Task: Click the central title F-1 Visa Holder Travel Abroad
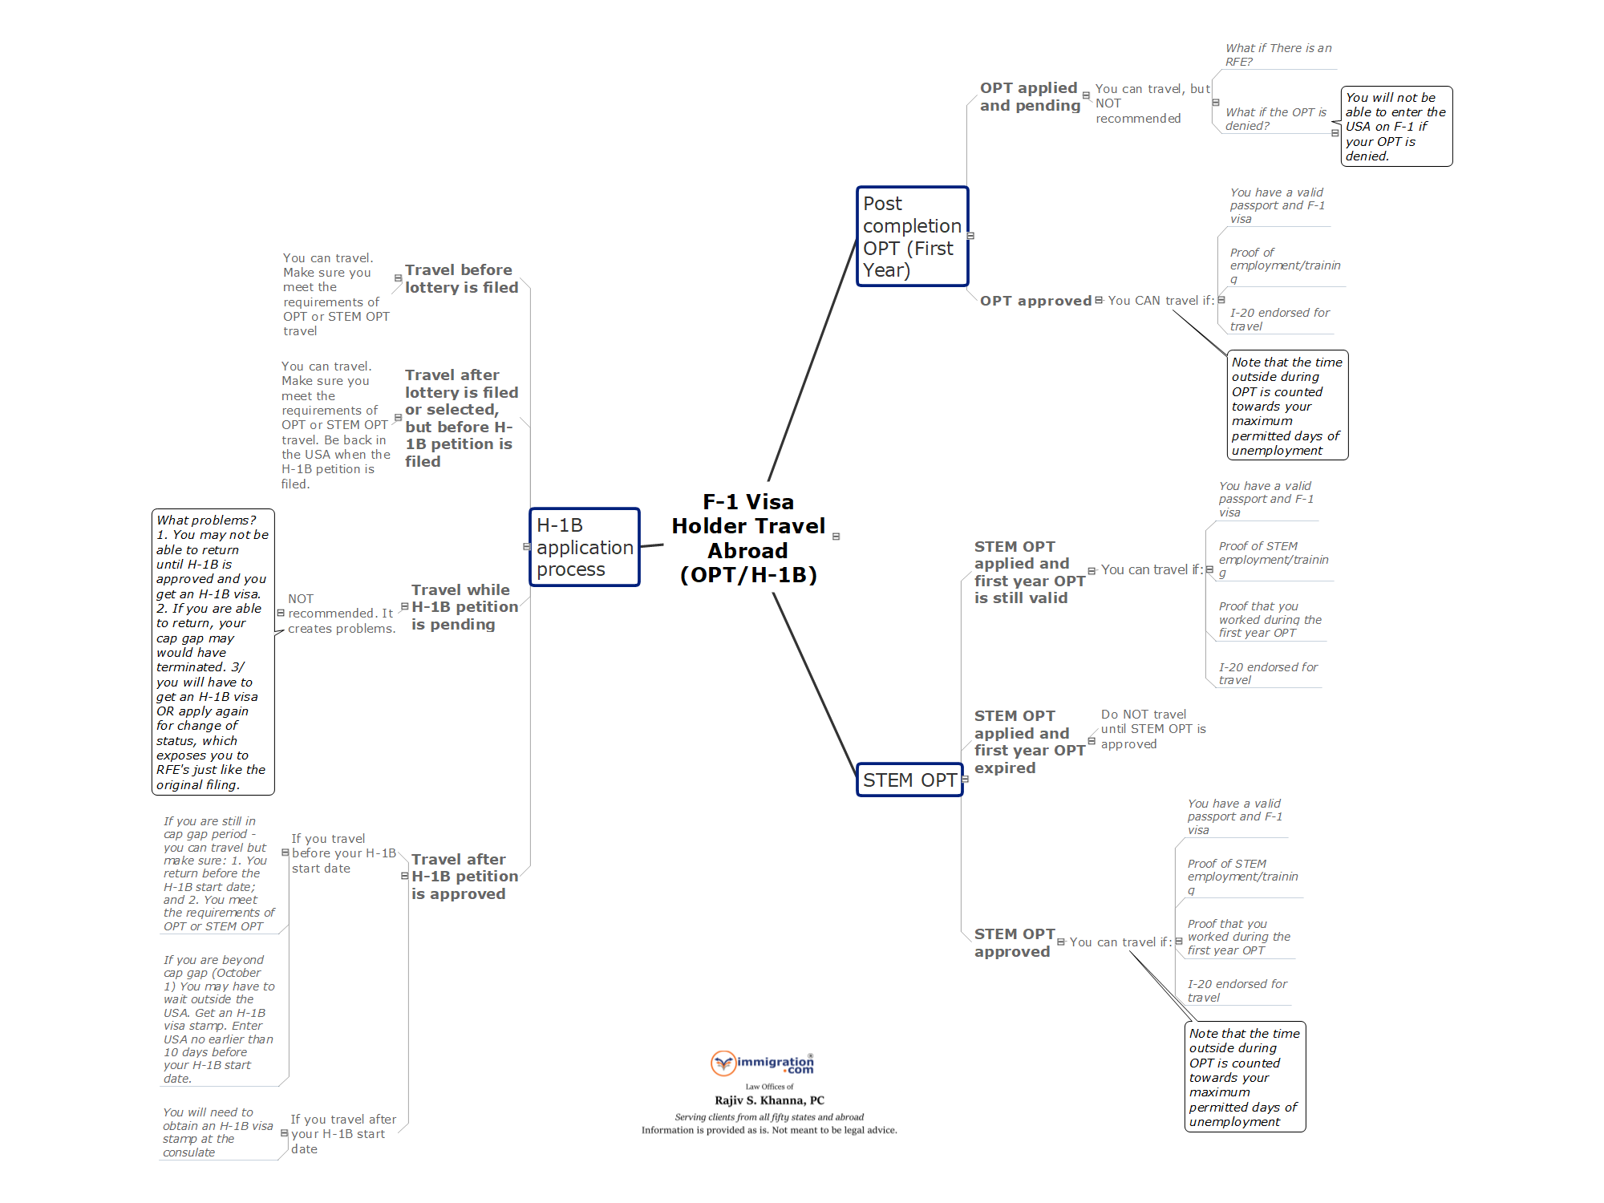(x=748, y=538)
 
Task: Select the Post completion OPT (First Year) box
(x=912, y=237)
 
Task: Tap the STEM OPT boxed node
(x=909, y=780)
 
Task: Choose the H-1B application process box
(x=584, y=547)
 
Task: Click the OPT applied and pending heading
(x=1030, y=96)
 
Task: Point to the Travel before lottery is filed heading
(x=461, y=278)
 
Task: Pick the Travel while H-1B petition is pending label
(x=464, y=607)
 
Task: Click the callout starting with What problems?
(x=213, y=652)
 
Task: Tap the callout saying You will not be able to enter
(x=1395, y=127)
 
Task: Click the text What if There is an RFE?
(x=1278, y=55)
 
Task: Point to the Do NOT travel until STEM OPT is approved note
(x=1152, y=729)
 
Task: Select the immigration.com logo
(x=762, y=1063)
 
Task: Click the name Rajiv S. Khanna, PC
(x=769, y=1100)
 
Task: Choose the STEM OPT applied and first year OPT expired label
(x=1029, y=742)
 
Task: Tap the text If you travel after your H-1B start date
(x=342, y=1134)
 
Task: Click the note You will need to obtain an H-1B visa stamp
(x=217, y=1132)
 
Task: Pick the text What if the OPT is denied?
(x=1275, y=119)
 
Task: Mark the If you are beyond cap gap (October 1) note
(x=219, y=1019)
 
